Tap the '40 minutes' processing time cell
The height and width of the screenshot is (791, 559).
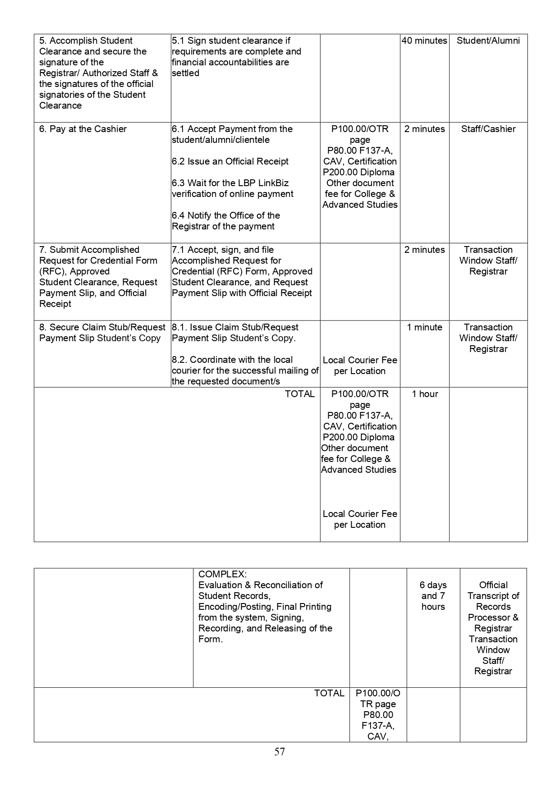tap(424, 41)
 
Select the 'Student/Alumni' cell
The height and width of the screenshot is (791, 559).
tap(488, 41)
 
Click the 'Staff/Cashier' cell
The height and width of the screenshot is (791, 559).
tap(488, 129)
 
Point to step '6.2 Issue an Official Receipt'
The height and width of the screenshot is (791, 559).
tap(230, 161)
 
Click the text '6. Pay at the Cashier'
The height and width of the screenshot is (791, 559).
tap(83, 129)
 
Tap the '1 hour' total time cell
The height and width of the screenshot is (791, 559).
tap(425, 394)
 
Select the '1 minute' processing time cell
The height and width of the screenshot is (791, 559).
tap(425, 327)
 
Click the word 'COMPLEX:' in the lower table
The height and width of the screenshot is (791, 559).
tap(222, 574)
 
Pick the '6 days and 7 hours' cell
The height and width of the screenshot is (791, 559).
tap(433, 595)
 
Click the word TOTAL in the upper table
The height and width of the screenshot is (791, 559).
tap(300, 394)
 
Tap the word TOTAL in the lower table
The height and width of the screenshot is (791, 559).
tap(329, 693)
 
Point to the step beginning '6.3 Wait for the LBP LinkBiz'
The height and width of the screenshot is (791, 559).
tap(232, 188)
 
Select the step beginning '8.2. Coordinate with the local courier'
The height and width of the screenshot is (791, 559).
tap(245, 370)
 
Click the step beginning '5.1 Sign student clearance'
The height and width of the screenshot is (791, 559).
tap(236, 57)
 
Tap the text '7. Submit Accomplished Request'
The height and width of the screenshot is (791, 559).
tap(98, 276)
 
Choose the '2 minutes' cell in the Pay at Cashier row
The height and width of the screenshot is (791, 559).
tap(425, 129)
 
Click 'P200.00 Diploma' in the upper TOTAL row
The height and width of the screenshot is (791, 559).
tap(358, 437)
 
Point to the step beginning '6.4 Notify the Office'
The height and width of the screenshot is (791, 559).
tap(225, 221)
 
